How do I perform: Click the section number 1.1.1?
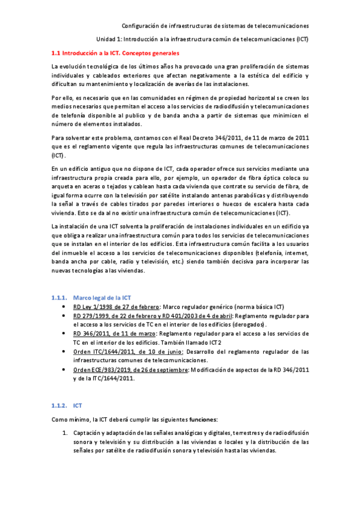click(x=59, y=298)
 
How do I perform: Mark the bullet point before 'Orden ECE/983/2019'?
click(x=65, y=369)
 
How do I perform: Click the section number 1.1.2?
click(x=59, y=406)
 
